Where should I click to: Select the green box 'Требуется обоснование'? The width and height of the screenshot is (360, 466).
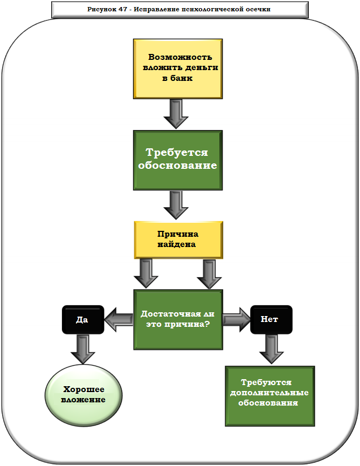(177, 160)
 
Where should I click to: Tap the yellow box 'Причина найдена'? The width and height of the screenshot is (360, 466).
(177, 239)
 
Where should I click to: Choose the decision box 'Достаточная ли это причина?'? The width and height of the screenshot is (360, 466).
(177, 320)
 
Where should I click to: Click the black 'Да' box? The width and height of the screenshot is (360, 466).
(82, 319)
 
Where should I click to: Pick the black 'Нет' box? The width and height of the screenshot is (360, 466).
(271, 319)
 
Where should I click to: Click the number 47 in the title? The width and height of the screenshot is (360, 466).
(122, 10)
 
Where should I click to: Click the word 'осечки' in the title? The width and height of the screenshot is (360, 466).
(258, 10)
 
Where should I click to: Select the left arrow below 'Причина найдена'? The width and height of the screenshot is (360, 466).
(146, 273)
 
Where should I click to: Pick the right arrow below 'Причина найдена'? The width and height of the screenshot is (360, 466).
(209, 273)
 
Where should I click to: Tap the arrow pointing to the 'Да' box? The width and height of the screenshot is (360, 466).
(119, 320)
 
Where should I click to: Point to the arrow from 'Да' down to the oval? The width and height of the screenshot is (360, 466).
(82, 348)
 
